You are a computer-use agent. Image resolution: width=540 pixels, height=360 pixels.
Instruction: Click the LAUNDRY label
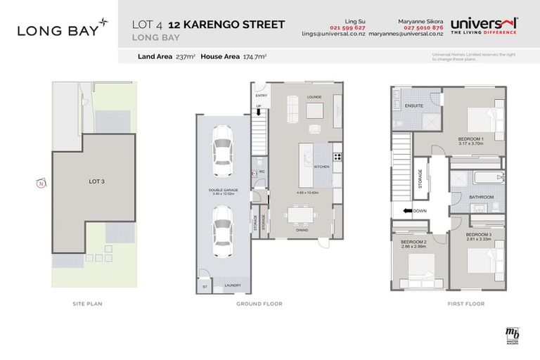click(232, 285)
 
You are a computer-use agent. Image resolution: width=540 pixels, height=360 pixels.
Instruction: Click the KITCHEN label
click(322, 167)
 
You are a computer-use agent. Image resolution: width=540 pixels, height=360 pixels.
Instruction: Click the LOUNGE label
click(314, 97)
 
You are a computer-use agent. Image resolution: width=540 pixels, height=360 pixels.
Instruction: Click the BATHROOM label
click(482, 197)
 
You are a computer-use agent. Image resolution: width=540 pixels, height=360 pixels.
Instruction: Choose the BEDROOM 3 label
click(478, 234)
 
